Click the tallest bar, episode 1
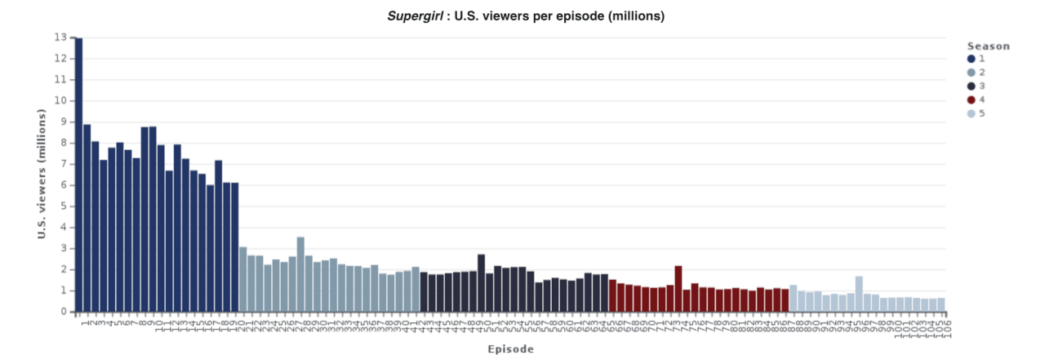(x=78, y=175)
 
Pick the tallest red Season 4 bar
(x=678, y=289)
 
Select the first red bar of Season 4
(x=613, y=296)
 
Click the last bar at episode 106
(x=941, y=304)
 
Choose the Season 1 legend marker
(x=971, y=59)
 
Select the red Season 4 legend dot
(x=971, y=100)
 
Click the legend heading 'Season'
(x=988, y=46)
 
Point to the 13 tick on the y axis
(x=61, y=38)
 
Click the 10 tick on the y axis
(x=61, y=101)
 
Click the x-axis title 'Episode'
(x=510, y=349)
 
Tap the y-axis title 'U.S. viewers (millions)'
(x=40, y=175)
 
